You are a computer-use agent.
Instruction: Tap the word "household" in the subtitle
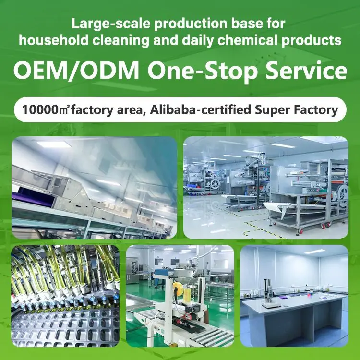[x=53, y=40]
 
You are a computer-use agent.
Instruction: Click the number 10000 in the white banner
[x=40, y=110]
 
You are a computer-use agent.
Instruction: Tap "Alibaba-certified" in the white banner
[x=200, y=110]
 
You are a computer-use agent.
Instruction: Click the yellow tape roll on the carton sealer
[x=178, y=288]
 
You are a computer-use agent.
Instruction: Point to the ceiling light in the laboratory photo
[x=314, y=252]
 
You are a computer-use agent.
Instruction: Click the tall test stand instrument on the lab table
[x=268, y=293]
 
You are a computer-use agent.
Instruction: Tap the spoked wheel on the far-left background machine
[x=215, y=183]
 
